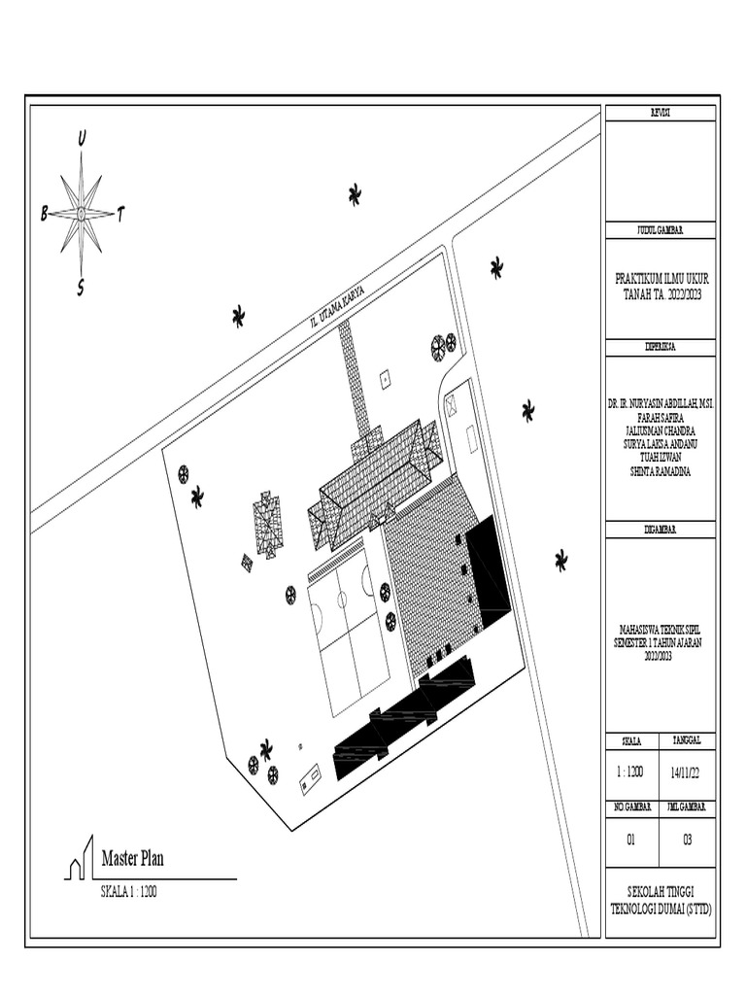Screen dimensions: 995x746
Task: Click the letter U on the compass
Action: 82,139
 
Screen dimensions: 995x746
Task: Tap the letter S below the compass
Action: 81,287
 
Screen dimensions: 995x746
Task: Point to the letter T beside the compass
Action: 120,214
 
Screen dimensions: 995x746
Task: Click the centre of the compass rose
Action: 82,212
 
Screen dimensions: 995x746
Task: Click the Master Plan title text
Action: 133,858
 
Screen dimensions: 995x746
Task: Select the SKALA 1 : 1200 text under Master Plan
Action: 129,891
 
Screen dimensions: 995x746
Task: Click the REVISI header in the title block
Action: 661,114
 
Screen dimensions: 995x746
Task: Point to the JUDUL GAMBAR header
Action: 661,230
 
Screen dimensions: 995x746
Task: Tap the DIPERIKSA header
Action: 661,346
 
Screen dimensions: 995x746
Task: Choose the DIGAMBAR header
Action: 661,529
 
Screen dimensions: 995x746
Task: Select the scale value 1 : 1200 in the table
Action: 631,773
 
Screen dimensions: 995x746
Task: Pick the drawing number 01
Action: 631,841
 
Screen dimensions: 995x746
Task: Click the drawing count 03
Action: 688,841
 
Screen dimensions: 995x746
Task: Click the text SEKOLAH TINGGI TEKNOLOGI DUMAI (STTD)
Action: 661,900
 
